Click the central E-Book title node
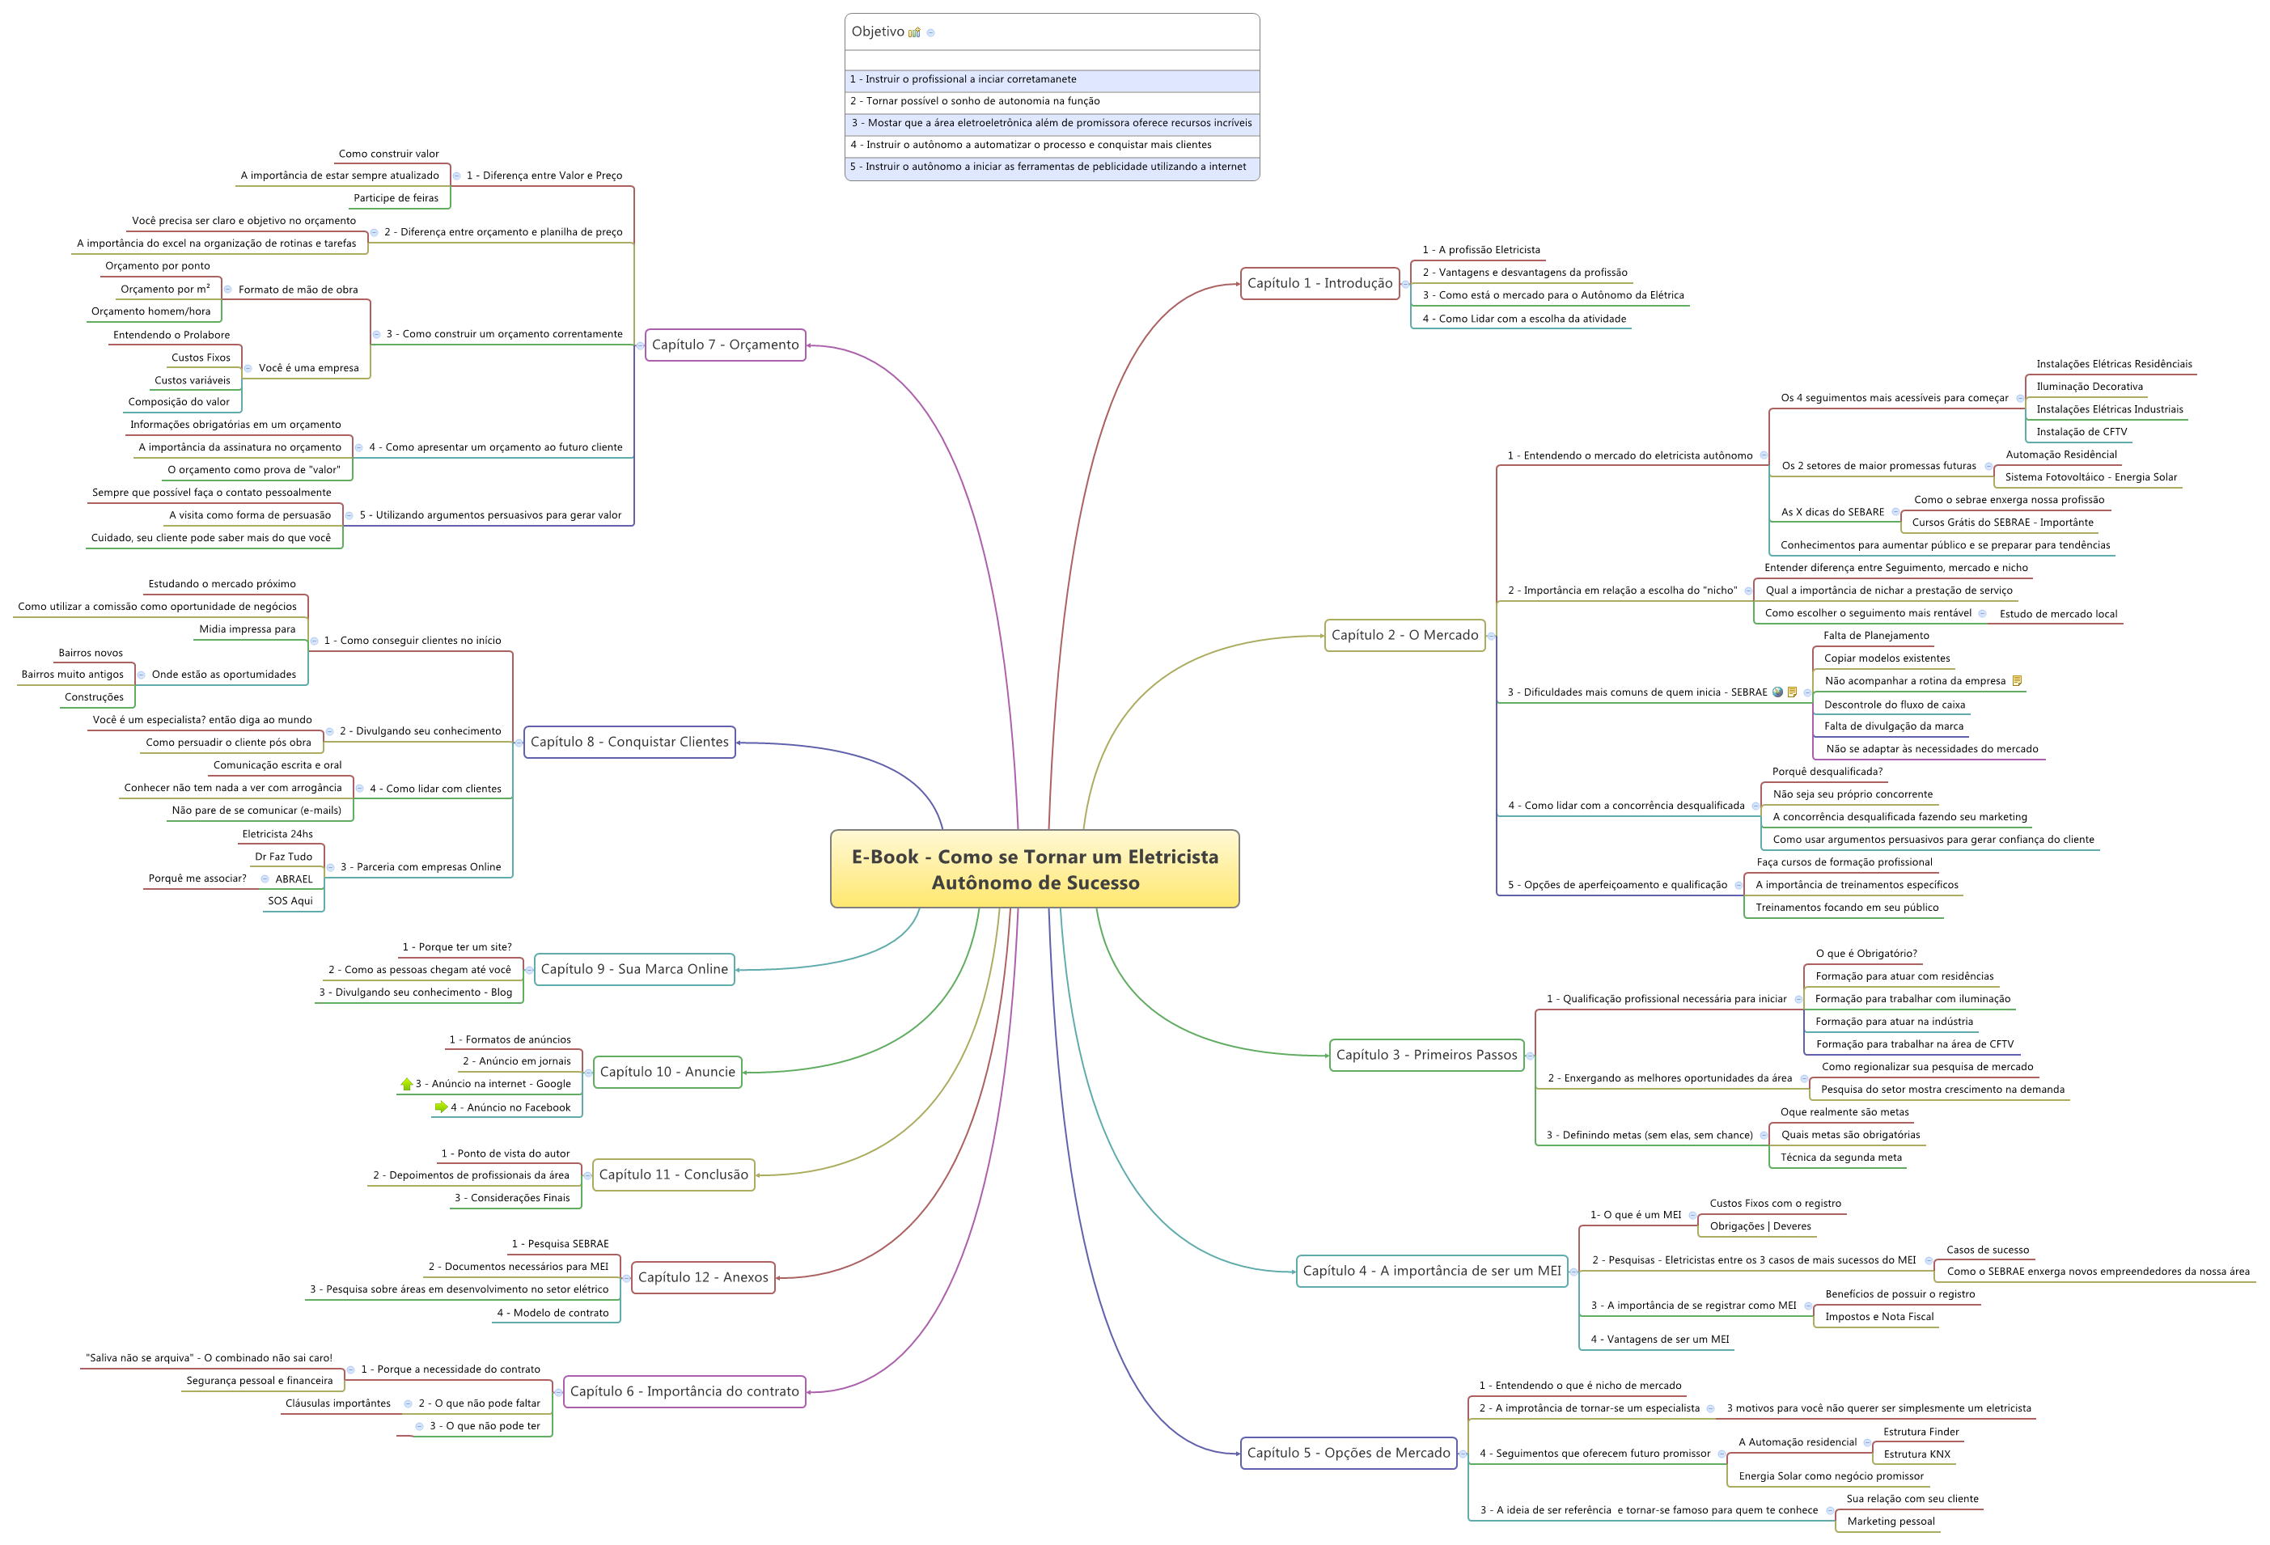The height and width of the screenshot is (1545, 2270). (x=1035, y=870)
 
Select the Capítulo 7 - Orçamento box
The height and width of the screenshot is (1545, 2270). (x=725, y=345)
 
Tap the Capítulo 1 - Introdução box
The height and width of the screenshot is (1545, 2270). (x=1319, y=283)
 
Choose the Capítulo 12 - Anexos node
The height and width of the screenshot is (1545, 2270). (x=702, y=1277)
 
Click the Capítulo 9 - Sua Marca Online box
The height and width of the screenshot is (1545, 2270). (x=634, y=970)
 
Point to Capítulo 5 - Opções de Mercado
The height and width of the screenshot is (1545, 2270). (x=1348, y=1454)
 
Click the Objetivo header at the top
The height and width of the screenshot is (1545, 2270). (x=878, y=32)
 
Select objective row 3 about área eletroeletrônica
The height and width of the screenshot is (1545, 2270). (x=1051, y=123)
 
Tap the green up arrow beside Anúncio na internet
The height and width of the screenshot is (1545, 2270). (x=406, y=1084)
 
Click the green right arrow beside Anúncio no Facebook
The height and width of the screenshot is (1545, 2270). (x=442, y=1107)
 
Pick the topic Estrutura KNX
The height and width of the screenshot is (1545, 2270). (x=1916, y=1454)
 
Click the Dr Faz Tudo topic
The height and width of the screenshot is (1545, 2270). (x=283, y=857)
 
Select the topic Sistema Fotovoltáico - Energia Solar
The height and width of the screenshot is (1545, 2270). (x=2090, y=477)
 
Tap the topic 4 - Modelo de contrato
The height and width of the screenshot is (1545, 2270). (x=552, y=1314)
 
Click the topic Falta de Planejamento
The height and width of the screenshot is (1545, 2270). (x=1875, y=636)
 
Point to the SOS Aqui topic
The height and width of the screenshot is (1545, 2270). (x=290, y=901)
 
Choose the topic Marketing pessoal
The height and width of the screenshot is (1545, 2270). (x=1890, y=1522)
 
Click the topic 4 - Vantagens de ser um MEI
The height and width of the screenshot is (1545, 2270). (x=1658, y=1340)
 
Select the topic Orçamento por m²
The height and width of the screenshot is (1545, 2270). (x=164, y=289)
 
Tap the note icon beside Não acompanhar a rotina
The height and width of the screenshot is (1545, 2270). (x=2017, y=681)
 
